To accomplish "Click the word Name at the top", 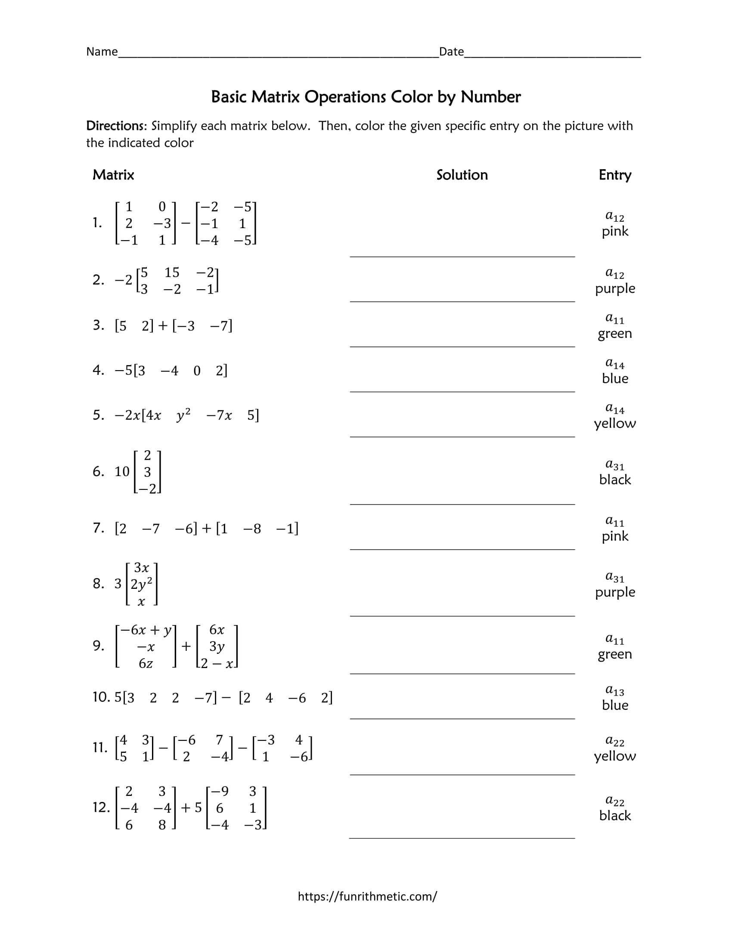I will (x=102, y=52).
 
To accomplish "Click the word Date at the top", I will (x=451, y=52).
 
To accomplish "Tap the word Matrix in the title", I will (x=276, y=97).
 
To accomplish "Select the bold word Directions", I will (x=117, y=126).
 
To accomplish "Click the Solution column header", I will (x=462, y=175).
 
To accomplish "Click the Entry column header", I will (x=614, y=175).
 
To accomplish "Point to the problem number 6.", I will (x=98, y=471).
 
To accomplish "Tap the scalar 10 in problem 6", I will (x=122, y=471).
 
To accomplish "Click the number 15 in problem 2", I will (x=172, y=272).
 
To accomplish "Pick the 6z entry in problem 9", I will (x=146, y=663).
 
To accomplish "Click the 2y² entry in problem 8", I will (x=141, y=584).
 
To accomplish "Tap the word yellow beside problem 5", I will (x=614, y=423).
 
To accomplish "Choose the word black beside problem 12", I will (x=614, y=815).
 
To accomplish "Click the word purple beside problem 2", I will (x=614, y=288).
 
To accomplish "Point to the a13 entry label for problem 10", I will (x=614, y=690).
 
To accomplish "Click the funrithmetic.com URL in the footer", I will (x=367, y=896).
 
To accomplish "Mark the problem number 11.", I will (x=100, y=747).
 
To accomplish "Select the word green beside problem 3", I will (x=614, y=334).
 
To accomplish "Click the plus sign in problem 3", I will (x=163, y=326).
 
